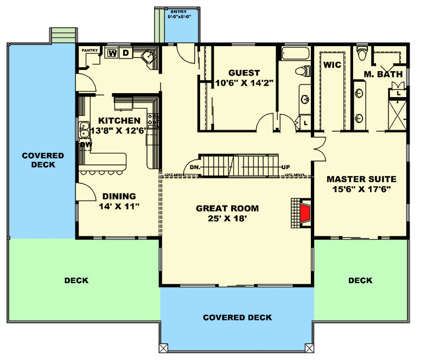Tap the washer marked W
coord(113,53)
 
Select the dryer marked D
coord(125,53)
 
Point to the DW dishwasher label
coord(86,145)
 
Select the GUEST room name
coord(244,73)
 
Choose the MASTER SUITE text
coord(361,179)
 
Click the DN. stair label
coord(195,168)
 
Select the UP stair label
coord(285,167)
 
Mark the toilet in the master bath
coord(362,54)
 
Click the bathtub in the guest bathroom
coord(295,54)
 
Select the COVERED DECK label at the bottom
coord(237,317)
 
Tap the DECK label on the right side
coord(360,280)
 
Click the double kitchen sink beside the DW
coord(84,130)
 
